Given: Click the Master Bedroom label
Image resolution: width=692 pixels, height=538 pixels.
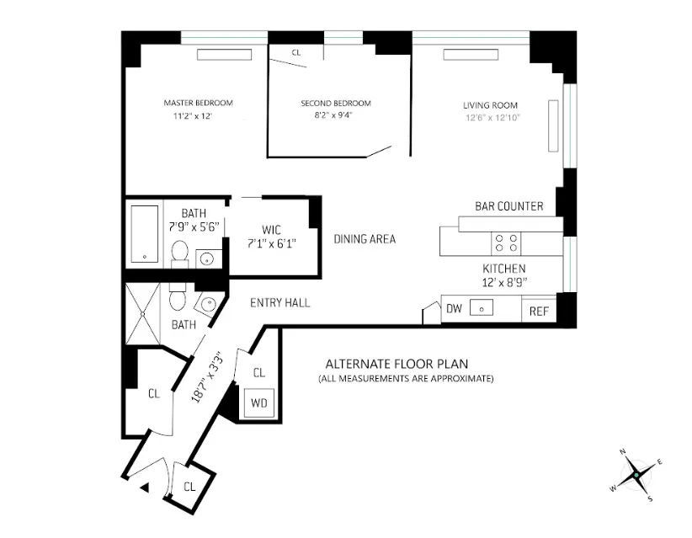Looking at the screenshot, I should (x=198, y=103).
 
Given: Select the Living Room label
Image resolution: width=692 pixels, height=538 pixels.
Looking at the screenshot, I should (x=490, y=105).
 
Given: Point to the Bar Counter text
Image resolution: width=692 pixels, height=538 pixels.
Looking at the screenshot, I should (x=509, y=206).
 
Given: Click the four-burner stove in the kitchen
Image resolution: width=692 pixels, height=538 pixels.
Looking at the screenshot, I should (x=505, y=242).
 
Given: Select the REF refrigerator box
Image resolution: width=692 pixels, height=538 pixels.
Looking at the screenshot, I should (x=539, y=312).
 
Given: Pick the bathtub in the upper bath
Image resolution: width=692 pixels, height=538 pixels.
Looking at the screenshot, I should (x=147, y=232).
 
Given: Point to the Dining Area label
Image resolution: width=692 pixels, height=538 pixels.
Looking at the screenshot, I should (x=365, y=239).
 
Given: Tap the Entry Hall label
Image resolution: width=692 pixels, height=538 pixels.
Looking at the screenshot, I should (x=280, y=302).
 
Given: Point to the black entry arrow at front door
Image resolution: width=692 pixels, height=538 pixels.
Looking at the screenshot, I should (x=144, y=487).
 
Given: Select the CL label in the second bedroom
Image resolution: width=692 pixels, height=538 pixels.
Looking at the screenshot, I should (x=296, y=52).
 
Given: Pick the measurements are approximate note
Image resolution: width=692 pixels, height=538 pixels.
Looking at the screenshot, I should (x=406, y=379).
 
